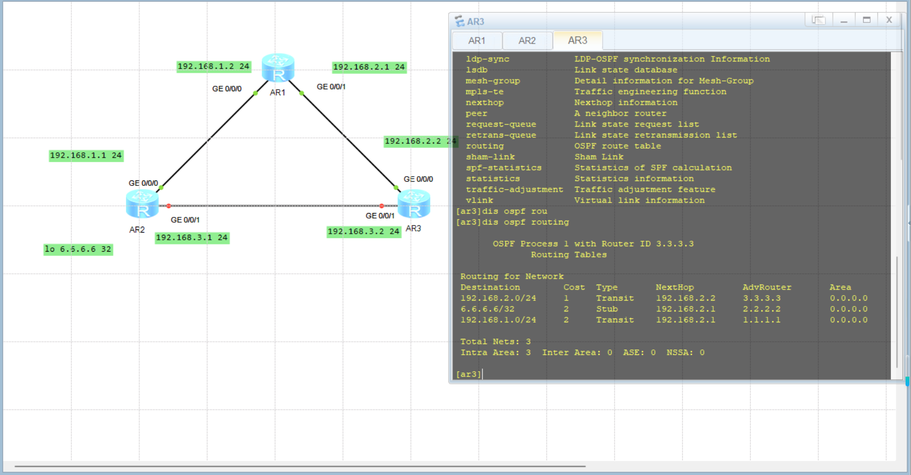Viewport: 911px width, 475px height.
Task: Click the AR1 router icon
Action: point(278,67)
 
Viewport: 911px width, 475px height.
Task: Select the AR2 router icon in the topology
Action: point(142,204)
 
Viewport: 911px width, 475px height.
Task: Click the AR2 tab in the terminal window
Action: point(527,41)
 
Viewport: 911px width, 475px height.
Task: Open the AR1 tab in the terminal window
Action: point(476,41)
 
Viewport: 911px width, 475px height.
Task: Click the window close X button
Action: point(889,20)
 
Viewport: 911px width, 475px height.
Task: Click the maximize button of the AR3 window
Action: point(866,20)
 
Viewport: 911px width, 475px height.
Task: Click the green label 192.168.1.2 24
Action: point(213,66)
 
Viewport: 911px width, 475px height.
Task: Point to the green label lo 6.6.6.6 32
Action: point(78,249)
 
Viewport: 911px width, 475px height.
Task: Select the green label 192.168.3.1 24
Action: point(192,237)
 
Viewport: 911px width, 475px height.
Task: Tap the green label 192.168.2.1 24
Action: point(369,67)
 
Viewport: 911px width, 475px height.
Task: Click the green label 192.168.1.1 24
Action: point(86,155)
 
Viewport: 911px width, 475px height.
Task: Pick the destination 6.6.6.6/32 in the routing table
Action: point(487,309)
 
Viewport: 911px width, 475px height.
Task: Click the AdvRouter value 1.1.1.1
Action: point(762,320)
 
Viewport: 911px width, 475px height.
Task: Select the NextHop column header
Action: point(675,287)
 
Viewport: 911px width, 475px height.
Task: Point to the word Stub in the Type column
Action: point(607,309)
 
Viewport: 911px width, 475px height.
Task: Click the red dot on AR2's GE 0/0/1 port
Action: point(169,206)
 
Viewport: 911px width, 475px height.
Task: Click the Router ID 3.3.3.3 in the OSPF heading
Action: point(675,244)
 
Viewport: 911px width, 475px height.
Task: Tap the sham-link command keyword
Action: point(490,157)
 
